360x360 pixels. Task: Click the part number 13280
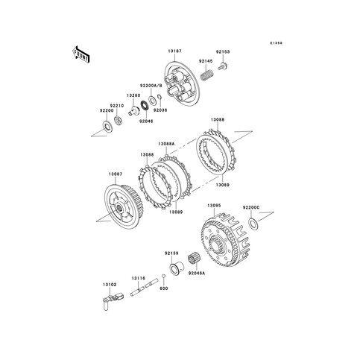coord(133,95)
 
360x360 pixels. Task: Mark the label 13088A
coord(166,144)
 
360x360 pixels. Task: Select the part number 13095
coord(214,204)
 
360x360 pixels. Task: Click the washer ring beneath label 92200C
coord(253,222)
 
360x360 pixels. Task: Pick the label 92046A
coord(197,275)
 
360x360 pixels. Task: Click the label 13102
coord(110,284)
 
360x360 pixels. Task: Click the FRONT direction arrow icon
coord(80,54)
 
